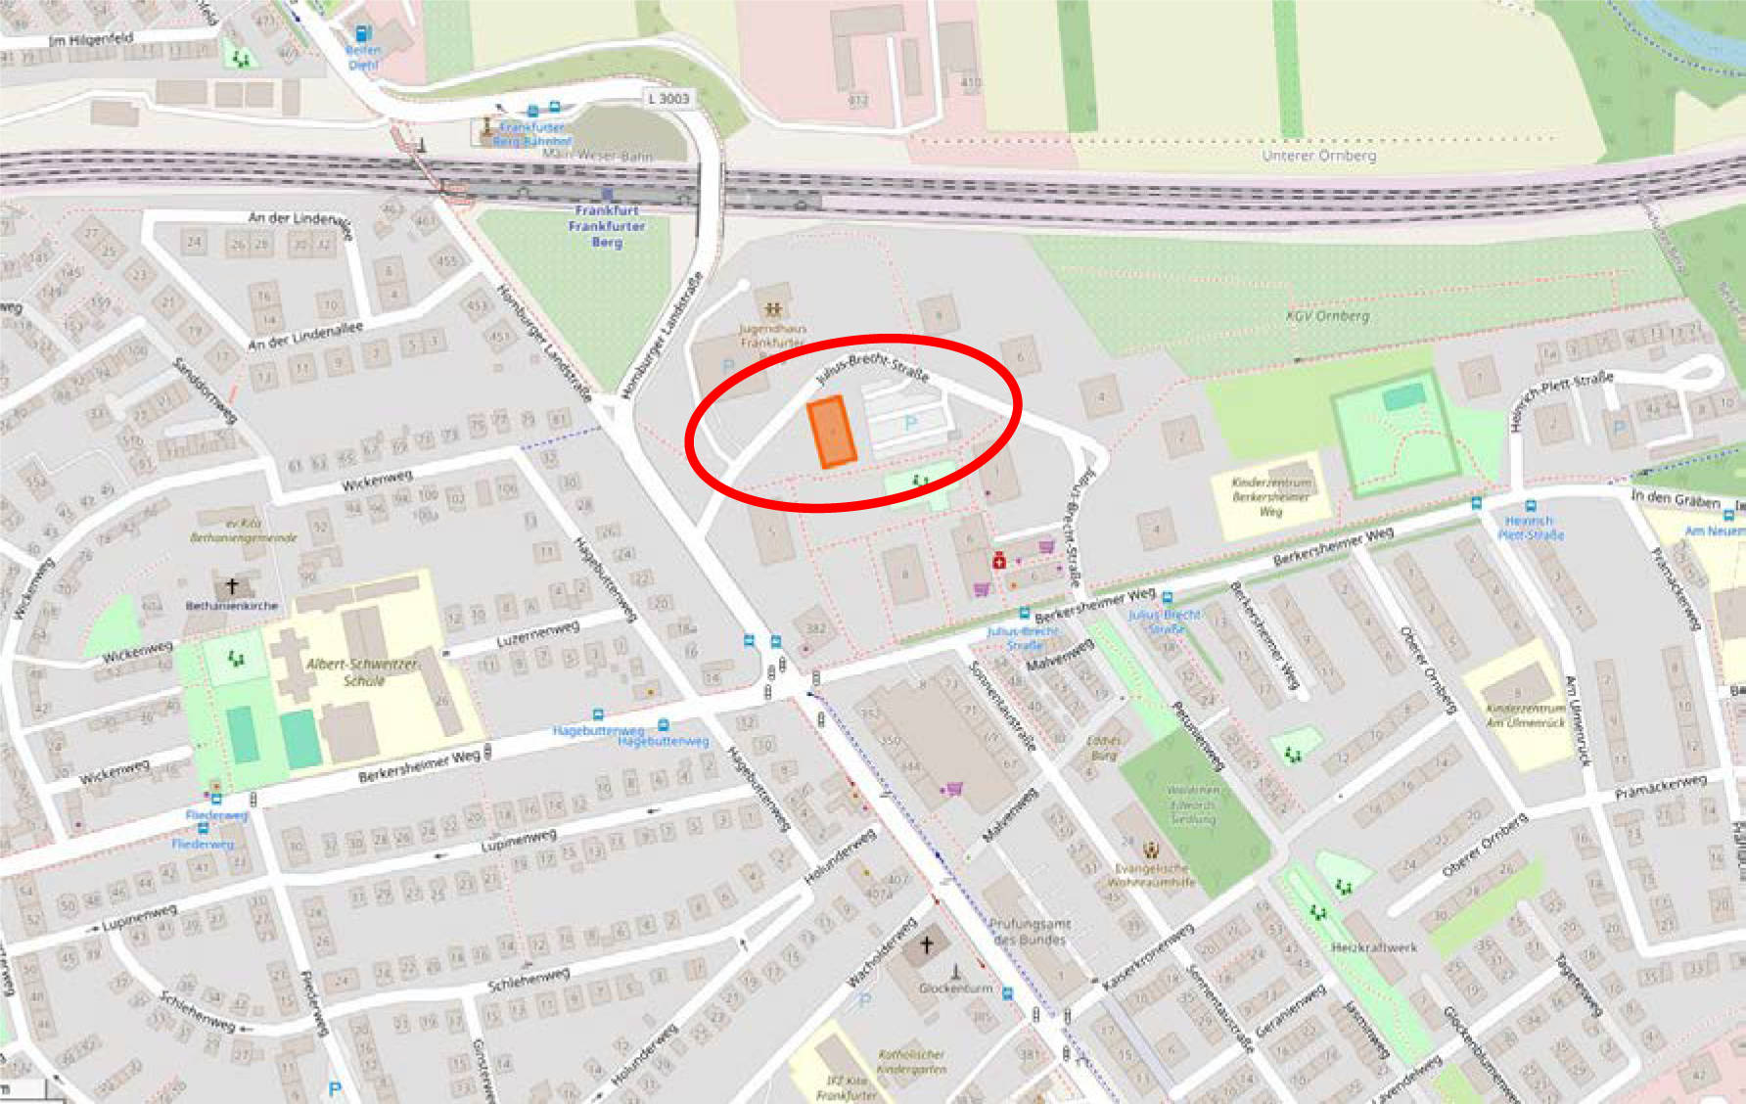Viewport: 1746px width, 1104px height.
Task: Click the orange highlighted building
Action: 831,432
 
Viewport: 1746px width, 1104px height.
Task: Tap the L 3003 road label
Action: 668,98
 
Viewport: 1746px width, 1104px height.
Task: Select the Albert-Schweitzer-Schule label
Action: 363,671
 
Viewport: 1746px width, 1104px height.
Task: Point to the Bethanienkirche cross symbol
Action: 232,586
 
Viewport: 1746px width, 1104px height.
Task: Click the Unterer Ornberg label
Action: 1318,156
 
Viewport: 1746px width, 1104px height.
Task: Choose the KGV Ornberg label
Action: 1327,316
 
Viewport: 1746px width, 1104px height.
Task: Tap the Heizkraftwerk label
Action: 1374,947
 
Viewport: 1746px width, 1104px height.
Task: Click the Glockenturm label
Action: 955,989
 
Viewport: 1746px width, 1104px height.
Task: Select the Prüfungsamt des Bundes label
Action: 1030,931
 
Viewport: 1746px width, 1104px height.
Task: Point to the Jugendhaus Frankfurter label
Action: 772,336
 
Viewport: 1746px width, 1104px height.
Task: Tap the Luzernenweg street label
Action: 537,633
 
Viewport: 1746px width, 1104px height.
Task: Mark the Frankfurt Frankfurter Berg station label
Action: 607,226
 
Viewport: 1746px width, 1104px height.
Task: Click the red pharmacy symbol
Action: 998,561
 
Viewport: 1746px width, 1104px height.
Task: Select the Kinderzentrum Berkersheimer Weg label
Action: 1270,496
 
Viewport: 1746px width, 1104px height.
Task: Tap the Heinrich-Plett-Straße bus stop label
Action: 1531,529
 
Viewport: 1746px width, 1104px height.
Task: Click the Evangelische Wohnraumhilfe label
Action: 1151,875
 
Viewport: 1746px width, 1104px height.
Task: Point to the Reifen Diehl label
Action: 363,57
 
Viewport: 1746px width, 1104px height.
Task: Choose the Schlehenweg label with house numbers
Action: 528,978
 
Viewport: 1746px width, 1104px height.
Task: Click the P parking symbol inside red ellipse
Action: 911,423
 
